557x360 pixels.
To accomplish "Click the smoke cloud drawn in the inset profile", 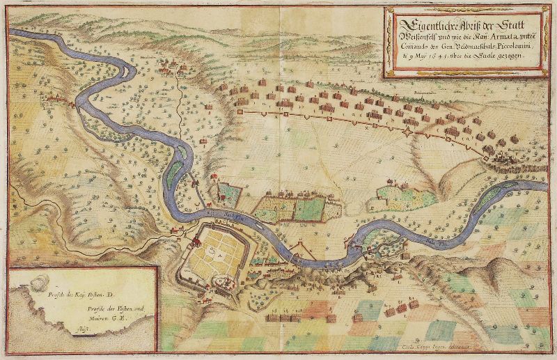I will (40, 282).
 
